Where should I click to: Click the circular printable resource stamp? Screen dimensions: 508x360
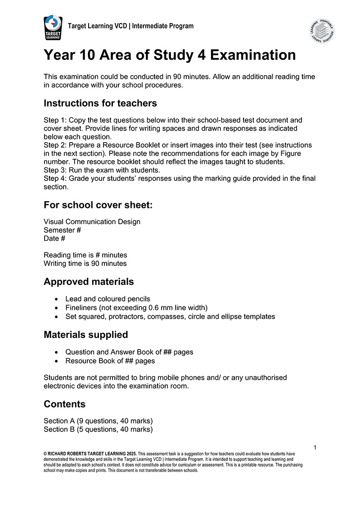click(322, 31)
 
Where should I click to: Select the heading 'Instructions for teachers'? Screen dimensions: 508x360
click(100, 103)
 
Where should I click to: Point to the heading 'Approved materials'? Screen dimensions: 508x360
click(89, 282)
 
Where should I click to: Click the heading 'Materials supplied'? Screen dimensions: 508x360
click(85, 335)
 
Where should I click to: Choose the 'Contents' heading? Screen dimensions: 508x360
click(64, 404)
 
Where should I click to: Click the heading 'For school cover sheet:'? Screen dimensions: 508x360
click(98, 205)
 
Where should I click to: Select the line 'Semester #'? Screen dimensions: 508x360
click(62, 230)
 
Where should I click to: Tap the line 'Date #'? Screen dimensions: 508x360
click(54, 238)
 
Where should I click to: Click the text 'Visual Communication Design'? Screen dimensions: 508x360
click(92, 221)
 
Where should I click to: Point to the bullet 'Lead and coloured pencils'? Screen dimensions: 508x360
click(108, 299)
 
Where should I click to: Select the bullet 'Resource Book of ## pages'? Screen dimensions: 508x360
click(110, 361)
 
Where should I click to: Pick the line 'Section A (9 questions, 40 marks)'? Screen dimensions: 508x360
click(98, 421)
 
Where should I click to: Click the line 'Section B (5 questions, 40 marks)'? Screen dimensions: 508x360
click(98, 429)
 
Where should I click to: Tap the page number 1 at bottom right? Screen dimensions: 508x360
click(315, 447)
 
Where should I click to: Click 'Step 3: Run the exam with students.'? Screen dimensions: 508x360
click(102, 170)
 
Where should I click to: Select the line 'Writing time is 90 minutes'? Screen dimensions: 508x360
click(85, 264)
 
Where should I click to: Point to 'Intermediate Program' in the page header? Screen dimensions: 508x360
click(163, 26)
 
